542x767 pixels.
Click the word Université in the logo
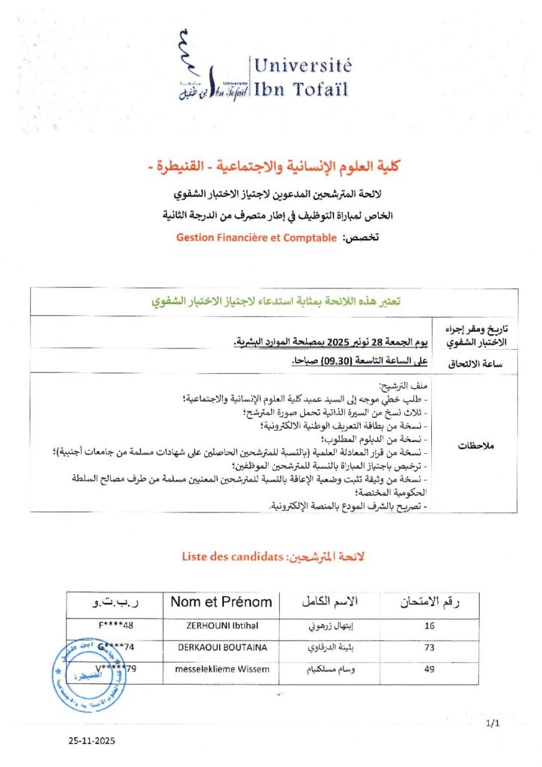point(302,66)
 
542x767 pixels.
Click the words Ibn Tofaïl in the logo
point(302,91)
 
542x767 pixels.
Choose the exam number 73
point(429,648)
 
